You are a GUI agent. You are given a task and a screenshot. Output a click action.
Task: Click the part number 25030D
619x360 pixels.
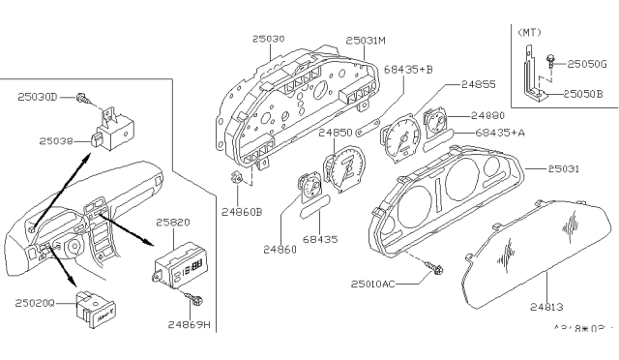click(x=38, y=96)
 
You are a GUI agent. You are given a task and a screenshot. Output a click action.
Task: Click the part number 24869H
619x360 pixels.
click(x=190, y=324)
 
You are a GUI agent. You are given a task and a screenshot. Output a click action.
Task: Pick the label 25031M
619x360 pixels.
click(x=368, y=41)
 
